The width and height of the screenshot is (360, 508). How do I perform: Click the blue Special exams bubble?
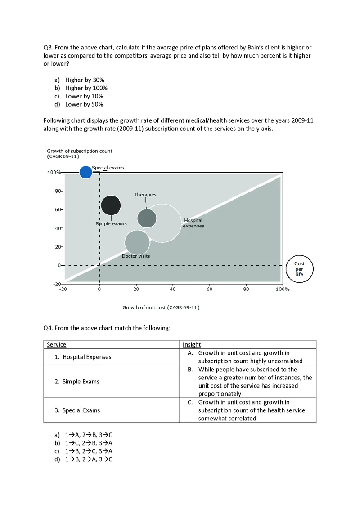point(85,172)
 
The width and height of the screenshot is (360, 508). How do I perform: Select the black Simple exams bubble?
point(111,205)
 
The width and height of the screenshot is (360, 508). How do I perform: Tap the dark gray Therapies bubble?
point(146,218)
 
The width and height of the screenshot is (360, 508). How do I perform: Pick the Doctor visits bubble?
point(137,242)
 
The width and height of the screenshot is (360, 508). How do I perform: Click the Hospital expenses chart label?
point(193,223)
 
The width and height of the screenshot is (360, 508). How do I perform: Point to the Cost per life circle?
point(300,269)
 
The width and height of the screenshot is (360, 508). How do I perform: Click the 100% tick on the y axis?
point(54,172)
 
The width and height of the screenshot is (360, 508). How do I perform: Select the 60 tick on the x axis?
point(209,290)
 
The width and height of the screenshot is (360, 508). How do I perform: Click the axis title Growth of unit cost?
point(161,307)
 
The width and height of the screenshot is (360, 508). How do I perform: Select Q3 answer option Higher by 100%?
point(86,88)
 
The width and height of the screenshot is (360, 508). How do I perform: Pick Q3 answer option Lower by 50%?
point(84,104)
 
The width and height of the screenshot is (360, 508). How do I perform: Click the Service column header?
point(56,345)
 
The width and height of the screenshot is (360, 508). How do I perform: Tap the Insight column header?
point(192,345)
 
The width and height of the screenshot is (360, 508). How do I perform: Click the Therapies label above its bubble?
point(145,195)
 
